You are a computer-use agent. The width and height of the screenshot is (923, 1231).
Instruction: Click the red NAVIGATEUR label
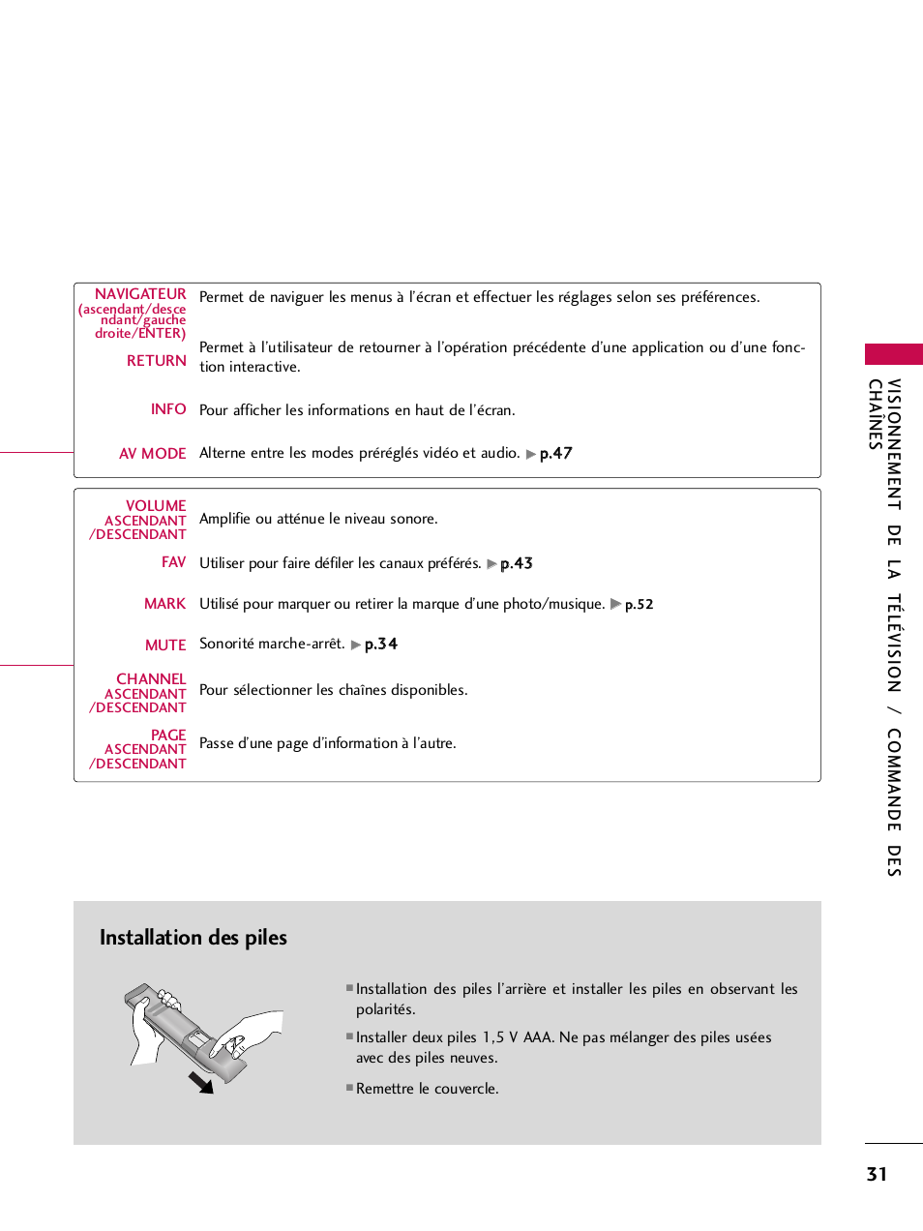(140, 294)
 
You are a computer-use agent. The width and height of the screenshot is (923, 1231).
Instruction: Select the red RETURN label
(156, 361)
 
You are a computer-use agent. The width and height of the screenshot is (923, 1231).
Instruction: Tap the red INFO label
(168, 409)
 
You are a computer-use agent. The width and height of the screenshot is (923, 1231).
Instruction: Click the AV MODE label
(152, 454)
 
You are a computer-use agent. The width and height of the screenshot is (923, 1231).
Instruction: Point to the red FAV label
(173, 562)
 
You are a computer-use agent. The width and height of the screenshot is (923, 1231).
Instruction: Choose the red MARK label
(164, 604)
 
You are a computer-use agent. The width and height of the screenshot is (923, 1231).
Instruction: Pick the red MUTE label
(165, 646)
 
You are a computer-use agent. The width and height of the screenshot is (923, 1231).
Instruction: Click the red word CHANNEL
(151, 679)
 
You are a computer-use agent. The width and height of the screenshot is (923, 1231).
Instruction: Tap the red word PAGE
(168, 736)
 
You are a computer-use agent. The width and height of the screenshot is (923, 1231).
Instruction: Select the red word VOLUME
(156, 506)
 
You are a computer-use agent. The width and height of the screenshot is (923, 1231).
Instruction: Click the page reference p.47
(555, 454)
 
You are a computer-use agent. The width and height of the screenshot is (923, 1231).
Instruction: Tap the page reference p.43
(516, 564)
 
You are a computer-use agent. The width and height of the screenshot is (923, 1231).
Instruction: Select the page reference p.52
(639, 605)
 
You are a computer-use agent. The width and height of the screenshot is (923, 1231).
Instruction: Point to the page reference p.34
(380, 645)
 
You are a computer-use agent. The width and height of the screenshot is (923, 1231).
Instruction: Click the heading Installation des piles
(194, 938)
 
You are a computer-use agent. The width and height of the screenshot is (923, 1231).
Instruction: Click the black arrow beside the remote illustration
(201, 1082)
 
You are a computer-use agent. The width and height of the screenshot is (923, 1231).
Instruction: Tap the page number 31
(877, 1174)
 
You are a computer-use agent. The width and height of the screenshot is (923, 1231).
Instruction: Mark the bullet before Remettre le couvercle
(349, 1088)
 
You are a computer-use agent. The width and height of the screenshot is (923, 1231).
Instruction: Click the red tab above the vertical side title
(893, 354)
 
